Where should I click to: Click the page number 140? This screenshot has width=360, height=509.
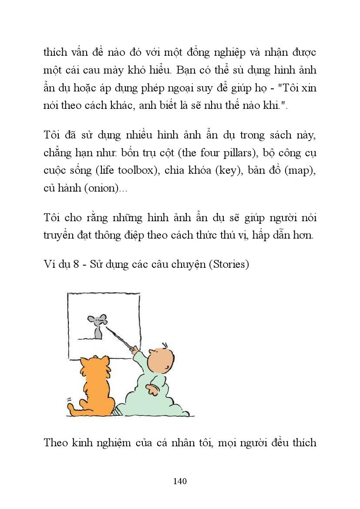[180, 481]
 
